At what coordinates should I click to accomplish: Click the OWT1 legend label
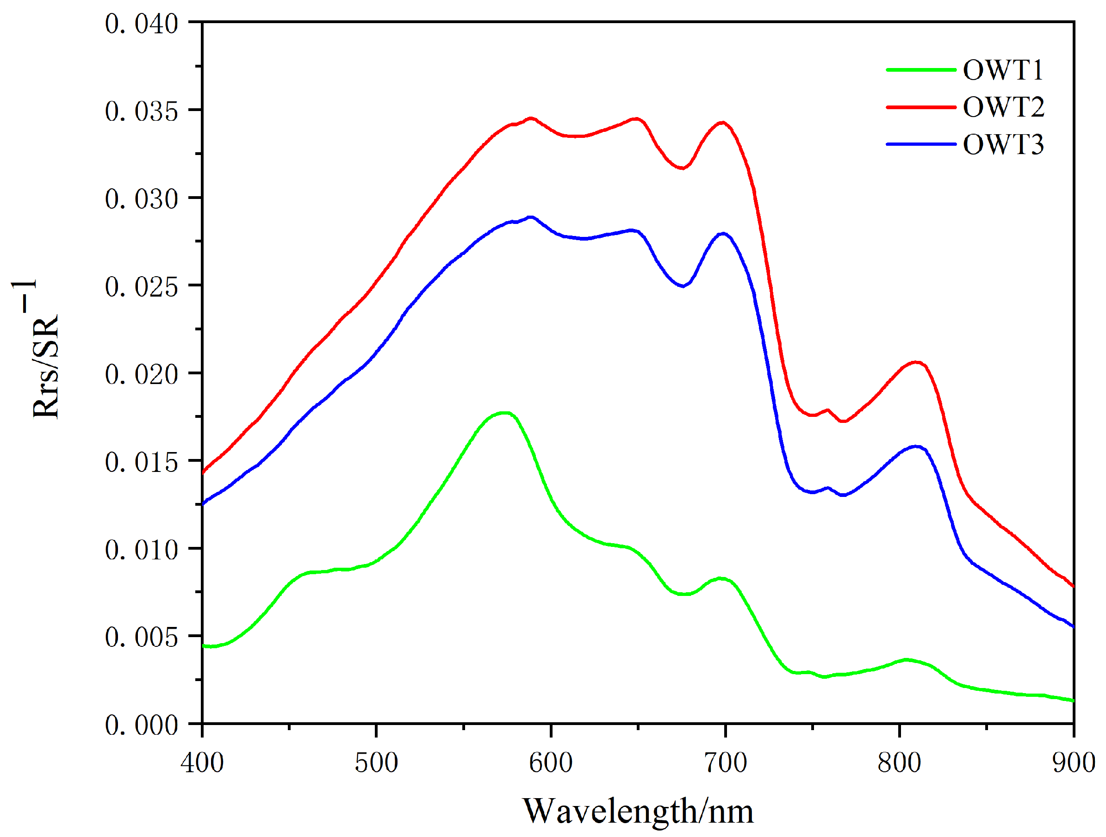pos(1002,69)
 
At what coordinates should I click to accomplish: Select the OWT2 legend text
pos(1003,107)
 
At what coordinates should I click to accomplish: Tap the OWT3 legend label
pos(1003,144)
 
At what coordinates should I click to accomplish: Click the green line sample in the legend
pos(921,69)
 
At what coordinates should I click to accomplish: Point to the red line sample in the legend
pos(921,107)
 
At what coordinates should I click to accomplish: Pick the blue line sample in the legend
pos(921,144)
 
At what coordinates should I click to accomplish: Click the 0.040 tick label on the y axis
pos(142,24)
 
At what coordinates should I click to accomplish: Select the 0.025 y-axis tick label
pos(142,286)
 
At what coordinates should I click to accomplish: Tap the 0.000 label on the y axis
pos(142,725)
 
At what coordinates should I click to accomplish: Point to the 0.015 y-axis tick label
pos(142,462)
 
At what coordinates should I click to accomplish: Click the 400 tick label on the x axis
pos(202,763)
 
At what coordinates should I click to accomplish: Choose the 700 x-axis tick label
pos(725,763)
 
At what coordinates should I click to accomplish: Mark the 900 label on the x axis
pos(1073,763)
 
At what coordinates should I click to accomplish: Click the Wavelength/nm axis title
pos(638,811)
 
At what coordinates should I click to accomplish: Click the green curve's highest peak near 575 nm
pos(505,413)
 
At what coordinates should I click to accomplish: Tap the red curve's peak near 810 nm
pos(916,362)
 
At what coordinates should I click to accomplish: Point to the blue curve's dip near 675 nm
pos(683,286)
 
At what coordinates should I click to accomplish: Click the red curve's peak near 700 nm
pos(722,123)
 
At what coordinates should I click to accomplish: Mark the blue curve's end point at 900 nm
pos(1073,626)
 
